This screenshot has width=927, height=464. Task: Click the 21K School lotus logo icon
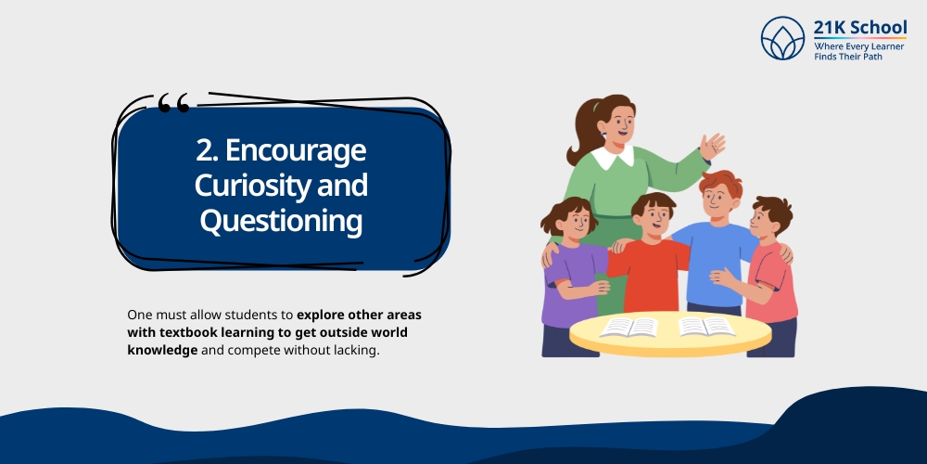782,38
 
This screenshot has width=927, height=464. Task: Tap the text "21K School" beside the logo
859,27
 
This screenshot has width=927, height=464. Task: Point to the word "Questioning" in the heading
281,222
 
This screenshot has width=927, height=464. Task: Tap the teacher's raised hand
712,146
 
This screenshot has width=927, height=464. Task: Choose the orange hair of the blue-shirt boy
720,183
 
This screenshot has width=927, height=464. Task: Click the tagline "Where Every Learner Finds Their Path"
859,50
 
